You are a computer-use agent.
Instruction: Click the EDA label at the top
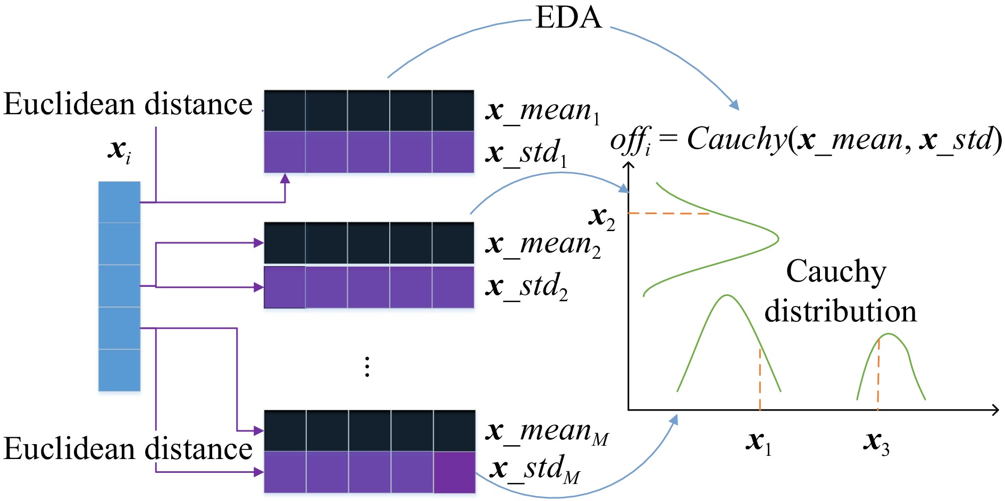568,18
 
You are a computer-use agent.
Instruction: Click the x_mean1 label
543,111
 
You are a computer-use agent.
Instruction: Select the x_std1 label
526,153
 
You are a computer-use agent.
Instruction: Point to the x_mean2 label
543,244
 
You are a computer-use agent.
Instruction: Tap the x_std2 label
526,286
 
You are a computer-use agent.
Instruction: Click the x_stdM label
534,469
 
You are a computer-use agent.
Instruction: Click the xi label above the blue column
119,150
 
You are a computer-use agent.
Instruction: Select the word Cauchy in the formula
736,139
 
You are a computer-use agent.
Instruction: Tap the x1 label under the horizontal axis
758,442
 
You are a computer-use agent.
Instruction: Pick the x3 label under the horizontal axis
875,442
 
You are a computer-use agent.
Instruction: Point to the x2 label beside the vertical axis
601,217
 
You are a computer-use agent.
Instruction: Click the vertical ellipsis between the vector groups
367,367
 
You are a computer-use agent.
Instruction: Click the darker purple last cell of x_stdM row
455,472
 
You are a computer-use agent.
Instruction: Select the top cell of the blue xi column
119,202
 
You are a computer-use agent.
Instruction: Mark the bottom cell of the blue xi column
119,370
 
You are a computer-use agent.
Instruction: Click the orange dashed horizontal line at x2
668,214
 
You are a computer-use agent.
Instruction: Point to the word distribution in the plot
840,311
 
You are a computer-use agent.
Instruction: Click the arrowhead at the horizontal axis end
995,410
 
